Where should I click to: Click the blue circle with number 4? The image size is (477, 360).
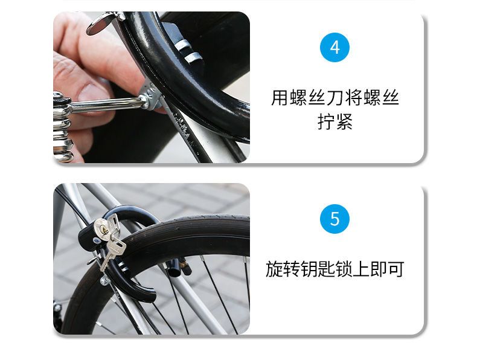coord(335,47)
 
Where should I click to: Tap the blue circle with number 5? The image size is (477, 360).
coord(335,219)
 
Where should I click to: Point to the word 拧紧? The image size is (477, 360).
coord(335,122)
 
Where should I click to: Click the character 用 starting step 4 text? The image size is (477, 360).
coord(280,98)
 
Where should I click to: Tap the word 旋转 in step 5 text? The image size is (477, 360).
coord(283,269)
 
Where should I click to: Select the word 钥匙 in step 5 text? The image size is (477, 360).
coord(318,269)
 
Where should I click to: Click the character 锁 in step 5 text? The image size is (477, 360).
coord(344,269)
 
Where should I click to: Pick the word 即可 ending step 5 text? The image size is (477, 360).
coord(387,269)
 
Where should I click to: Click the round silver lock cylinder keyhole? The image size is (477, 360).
coord(101,229)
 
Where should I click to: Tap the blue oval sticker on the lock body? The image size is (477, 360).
coord(96,241)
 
